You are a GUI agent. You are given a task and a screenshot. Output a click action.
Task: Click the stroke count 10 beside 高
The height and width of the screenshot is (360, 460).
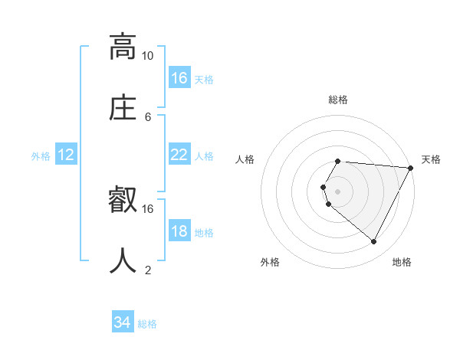pyautogui.click(x=147, y=56)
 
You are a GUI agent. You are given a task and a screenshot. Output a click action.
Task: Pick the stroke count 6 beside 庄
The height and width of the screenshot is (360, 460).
pyautogui.click(x=148, y=116)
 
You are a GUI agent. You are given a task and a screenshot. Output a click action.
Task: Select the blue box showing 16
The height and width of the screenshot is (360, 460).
pyautogui.click(x=179, y=78)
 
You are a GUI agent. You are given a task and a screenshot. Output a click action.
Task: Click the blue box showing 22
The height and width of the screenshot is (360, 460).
pyautogui.click(x=179, y=155)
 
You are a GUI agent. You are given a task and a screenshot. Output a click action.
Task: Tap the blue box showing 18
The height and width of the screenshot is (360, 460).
pyautogui.click(x=179, y=231)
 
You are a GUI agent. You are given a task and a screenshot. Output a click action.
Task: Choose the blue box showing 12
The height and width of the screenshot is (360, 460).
pyautogui.click(x=66, y=155)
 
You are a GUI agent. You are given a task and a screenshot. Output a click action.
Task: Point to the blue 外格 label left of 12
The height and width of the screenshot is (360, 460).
pyautogui.click(x=41, y=156)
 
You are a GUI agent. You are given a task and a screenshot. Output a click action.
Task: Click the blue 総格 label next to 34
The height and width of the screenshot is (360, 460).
pyautogui.click(x=147, y=324)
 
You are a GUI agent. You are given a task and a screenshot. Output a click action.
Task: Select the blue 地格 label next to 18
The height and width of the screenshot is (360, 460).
pyautogui.click(x=204, y=233)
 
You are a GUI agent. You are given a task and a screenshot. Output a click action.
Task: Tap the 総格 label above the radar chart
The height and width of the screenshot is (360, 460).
pyautogui.click(x=338, y=100)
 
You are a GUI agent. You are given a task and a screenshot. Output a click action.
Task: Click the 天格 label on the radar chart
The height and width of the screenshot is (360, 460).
pyautogui.click(x=431, y=159)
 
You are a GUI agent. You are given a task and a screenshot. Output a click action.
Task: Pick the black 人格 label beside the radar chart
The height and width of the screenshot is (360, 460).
pyautogui.click(x=245, y=159)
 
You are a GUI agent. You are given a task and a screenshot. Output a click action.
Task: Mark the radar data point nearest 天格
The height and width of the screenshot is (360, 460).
pyautogui.click(x=410, y=168)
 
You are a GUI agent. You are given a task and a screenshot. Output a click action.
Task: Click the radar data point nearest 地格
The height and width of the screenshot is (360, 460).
pyautogui.click(x=374, y=242)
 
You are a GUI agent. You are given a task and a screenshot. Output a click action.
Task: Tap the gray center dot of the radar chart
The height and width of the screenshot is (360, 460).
pyautogui.click(x=338, y=191)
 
